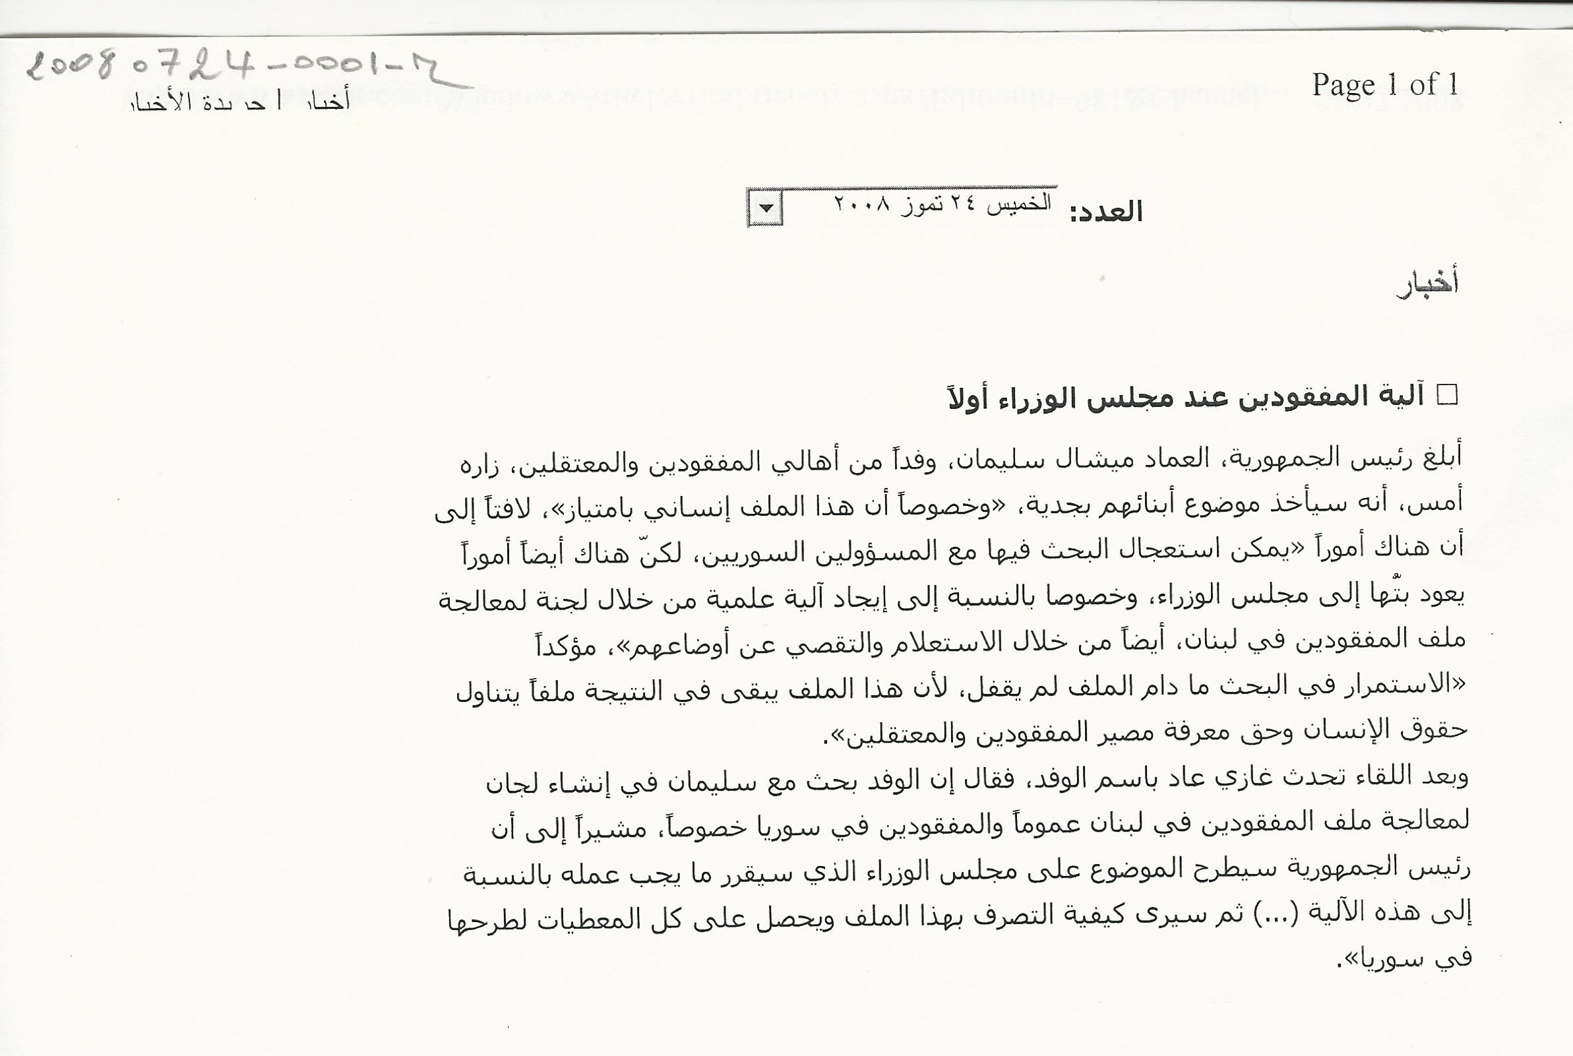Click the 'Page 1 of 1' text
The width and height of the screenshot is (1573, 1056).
(x=1384, y=86)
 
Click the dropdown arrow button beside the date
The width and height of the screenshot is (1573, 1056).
(x=766, y=209)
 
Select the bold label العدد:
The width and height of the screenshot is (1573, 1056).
(x=1107, y=212)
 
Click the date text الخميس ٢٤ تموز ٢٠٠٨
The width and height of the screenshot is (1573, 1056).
(x=942, y=202)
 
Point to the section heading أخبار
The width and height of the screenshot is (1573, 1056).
(x=1428, y=284)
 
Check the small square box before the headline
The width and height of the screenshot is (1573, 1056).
(x=1447, y=394)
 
